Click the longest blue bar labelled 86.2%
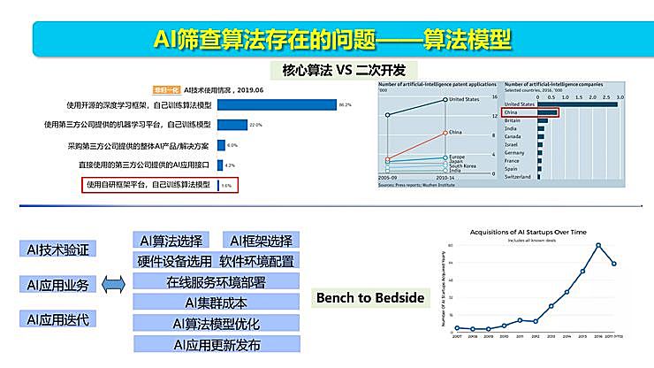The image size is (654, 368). pos(277,104)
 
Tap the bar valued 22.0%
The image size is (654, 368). pos(232,125)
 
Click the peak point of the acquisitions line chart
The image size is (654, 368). pos(598,245)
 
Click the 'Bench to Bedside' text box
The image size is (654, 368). pos(370,298)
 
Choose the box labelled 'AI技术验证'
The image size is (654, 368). pos(58,249)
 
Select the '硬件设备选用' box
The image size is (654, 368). pos(174,261)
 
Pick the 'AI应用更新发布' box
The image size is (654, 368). pos(216,345)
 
